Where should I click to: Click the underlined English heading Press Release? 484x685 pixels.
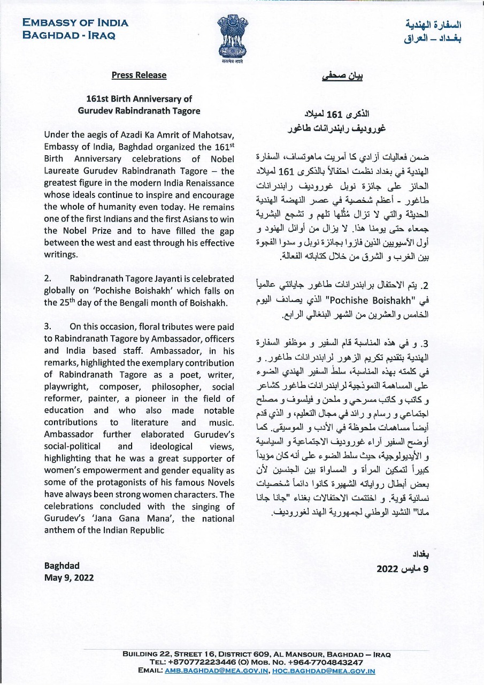[x=139, y=75]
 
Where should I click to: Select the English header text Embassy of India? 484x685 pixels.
[x=75, y=23]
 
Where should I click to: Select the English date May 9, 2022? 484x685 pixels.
[x=69, y=577]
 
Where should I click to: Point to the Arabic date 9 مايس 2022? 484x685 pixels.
[x=403, y=569]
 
